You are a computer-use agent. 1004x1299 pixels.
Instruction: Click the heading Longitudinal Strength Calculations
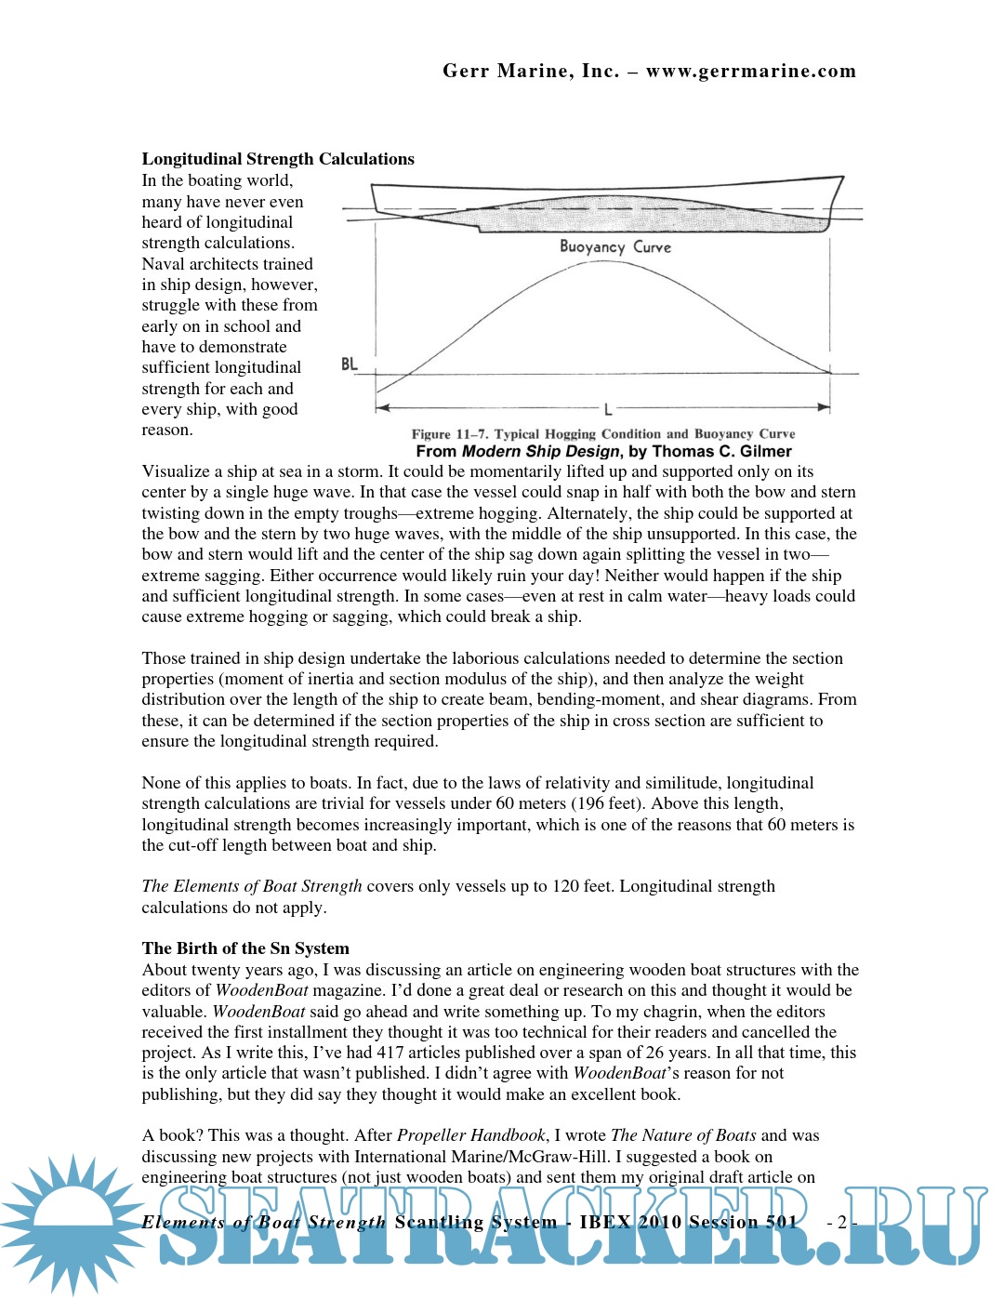coord(278,159)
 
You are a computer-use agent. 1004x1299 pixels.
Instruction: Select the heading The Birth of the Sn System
coord(245,948)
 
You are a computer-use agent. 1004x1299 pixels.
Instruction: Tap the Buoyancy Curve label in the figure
coord(614,247)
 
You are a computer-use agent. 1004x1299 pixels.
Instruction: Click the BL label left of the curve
coord(350,364)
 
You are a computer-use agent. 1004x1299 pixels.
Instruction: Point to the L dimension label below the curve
coord(607,409)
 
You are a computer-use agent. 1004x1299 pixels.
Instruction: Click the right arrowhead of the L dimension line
coord(824,407)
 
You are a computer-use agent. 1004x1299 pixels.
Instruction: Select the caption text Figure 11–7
coord(450,434)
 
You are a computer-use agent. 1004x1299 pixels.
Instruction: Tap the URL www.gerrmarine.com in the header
coord(751,72)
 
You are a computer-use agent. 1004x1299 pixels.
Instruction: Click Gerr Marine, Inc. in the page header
coord(531,72)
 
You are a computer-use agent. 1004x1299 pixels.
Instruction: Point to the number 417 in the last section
coord(390,1053)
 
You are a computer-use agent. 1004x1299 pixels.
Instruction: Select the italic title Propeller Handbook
coord(471,1135)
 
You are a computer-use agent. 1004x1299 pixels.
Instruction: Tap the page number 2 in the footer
coord(841,1223)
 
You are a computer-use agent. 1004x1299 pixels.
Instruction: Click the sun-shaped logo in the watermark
coord(72,1223)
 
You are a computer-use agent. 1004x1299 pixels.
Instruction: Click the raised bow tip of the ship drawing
coord(841,178)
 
